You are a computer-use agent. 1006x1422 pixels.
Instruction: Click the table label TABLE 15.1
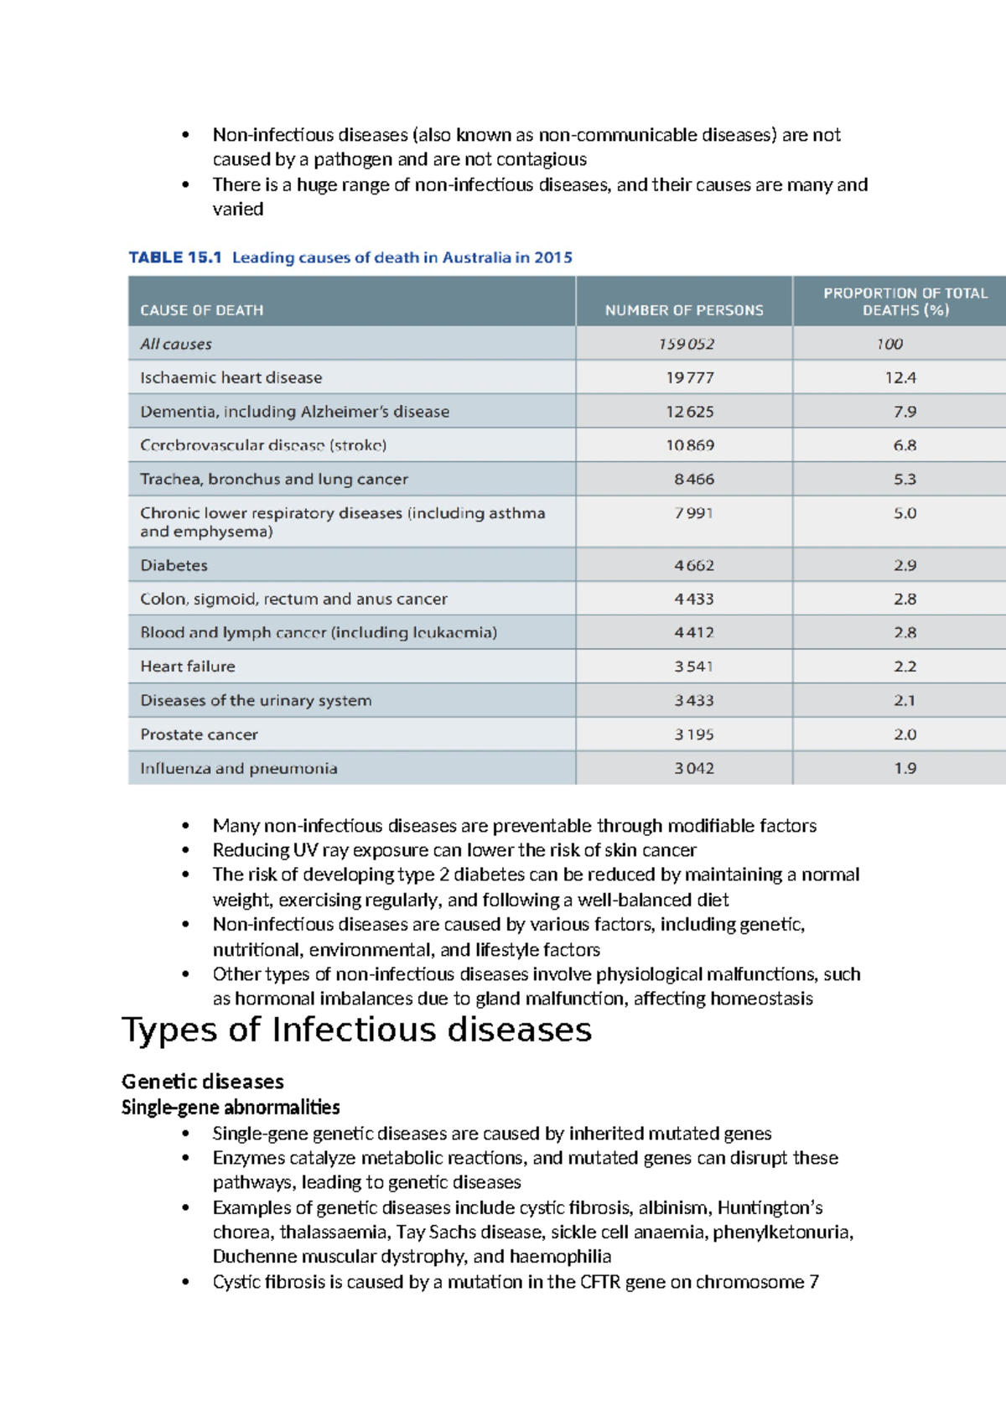[x=174, y=257]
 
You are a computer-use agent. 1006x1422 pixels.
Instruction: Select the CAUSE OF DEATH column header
[x=201, y=310]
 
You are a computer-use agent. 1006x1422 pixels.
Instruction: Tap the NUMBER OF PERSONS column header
[x=684, y=310]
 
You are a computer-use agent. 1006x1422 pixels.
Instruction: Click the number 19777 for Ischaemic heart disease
[x=690, y=378]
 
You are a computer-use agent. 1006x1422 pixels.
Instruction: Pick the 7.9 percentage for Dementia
[x=905, y=412]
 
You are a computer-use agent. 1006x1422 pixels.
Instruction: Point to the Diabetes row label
[x=174, y=565]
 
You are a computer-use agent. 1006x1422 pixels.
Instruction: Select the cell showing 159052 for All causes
[x=686, y=344]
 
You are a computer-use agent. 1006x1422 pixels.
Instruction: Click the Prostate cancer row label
[x=199, y=734]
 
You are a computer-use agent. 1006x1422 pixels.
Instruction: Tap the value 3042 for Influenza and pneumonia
[x=694, y=768]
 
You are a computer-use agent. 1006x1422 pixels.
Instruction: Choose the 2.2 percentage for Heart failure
[x=905, y=667]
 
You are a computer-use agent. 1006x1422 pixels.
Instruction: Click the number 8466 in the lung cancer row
[x=694, y=480]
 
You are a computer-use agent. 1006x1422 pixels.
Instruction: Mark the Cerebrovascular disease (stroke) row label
[x=263, y=445]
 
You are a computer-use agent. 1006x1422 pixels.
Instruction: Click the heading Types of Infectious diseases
[x=356, y=1030]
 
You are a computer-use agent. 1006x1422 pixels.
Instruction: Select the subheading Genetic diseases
[x=202, y=1082]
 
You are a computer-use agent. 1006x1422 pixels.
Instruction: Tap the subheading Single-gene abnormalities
[x=231, y=1108]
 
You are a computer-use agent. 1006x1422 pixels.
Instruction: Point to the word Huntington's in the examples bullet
[x=770, y=1208]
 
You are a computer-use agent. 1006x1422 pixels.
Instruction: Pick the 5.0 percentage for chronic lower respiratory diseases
[x=905, y=513]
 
